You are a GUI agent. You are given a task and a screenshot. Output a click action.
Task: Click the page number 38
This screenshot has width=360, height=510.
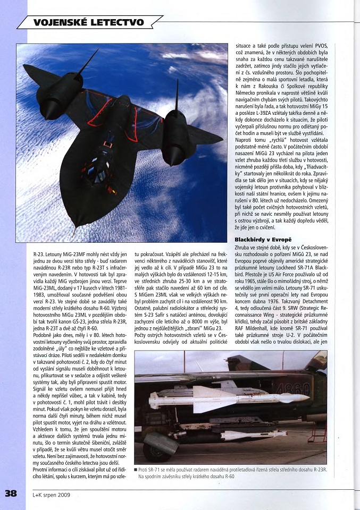(x=11, y=492)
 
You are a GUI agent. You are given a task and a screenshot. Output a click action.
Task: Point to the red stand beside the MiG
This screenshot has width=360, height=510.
(x=317, y=432)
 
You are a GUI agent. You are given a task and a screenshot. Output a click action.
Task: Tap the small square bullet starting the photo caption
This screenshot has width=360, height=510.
(x=136, y=470)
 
